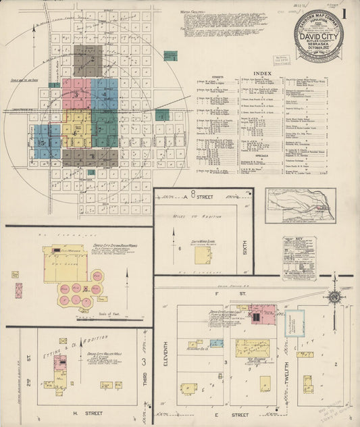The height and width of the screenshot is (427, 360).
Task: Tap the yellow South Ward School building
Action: click(203, 254)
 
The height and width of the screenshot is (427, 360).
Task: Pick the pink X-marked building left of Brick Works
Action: click(18, 291)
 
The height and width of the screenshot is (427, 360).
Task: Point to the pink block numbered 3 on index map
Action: click(76, 94)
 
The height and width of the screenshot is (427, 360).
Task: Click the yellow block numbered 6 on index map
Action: click(76, 128)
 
